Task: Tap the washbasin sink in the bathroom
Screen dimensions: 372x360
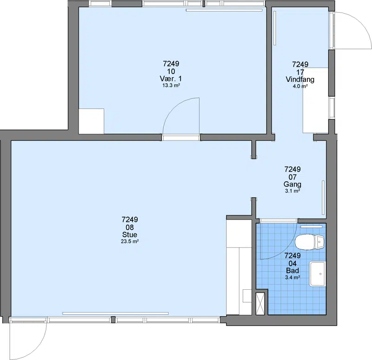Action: [318, 273]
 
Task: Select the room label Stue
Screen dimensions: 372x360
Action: [130, 235]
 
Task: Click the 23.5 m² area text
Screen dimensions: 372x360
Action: [130, 241]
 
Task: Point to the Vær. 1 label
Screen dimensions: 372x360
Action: [171, 79]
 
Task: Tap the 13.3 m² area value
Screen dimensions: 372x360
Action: [171, 86]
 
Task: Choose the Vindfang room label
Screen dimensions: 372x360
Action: [300, 80]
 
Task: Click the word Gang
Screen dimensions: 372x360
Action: [292, 184]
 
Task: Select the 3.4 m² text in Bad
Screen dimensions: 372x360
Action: [292, 277]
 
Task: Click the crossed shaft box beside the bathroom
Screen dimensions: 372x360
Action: [260, 304]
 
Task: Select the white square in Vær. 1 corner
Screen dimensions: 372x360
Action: [91, 121]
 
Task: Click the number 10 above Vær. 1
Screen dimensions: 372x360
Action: [171, 71]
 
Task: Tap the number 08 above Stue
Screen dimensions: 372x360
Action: [130, 227]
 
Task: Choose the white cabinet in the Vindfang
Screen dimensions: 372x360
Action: [316, 100]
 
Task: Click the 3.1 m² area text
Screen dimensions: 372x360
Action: [292, 191]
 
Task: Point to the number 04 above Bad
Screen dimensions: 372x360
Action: [292, 263]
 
